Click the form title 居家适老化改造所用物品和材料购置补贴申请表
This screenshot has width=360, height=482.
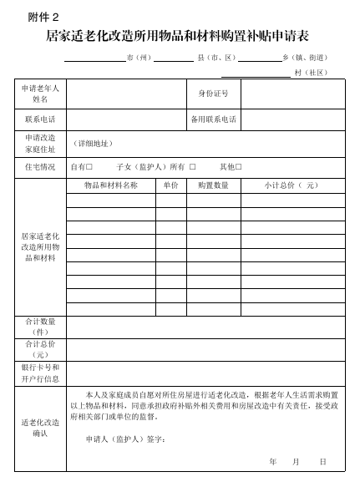180,37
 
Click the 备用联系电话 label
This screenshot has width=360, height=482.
214,119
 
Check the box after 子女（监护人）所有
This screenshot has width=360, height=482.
192,167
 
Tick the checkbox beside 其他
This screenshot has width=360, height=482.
239,167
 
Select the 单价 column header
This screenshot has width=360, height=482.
170,185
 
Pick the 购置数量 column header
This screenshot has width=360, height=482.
213,185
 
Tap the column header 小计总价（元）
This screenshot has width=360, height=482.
291,185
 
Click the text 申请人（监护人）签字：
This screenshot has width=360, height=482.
125,438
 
